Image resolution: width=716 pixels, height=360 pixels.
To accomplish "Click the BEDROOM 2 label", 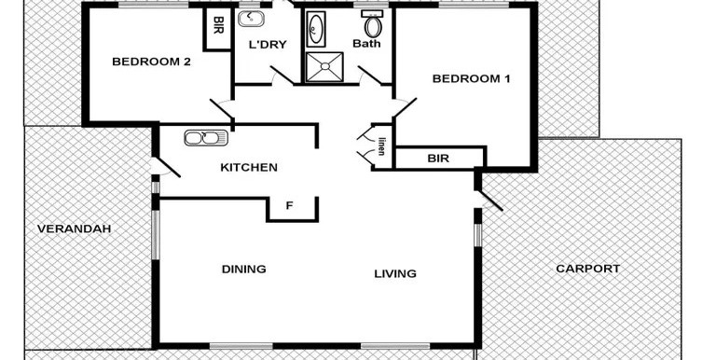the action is pos(151,62).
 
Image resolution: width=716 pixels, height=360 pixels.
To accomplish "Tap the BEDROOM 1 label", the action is pos(471,78).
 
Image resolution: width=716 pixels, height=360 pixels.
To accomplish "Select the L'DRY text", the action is pos(268,45).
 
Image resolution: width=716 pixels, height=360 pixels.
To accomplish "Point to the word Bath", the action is pos(366,44).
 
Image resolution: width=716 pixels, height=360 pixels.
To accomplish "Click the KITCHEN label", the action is pos(249,168).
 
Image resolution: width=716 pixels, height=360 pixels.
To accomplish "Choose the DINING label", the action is pos(244,270).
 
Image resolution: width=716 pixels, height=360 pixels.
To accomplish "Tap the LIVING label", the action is pos(395,273).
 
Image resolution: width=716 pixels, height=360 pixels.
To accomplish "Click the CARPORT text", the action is pos(588,269).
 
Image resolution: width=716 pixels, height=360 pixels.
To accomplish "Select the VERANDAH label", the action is pos(74,228).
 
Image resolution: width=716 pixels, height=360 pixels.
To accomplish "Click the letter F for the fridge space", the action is pos(289,206).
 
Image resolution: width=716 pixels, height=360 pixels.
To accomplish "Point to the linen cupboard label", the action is pos(381,146).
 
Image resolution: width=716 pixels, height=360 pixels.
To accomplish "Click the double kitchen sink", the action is pos(206,138).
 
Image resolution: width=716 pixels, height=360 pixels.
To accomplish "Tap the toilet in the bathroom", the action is pos(373,24).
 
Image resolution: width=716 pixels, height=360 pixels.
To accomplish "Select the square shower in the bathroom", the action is pos(324,67).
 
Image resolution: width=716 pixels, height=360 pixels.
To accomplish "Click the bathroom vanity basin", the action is pos(315,29).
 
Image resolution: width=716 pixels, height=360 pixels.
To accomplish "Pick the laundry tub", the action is pos(251,20).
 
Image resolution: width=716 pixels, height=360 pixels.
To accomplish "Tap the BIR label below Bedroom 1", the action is pos(438,159).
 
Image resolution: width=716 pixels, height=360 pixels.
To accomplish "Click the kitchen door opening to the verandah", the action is pos(165,167).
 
